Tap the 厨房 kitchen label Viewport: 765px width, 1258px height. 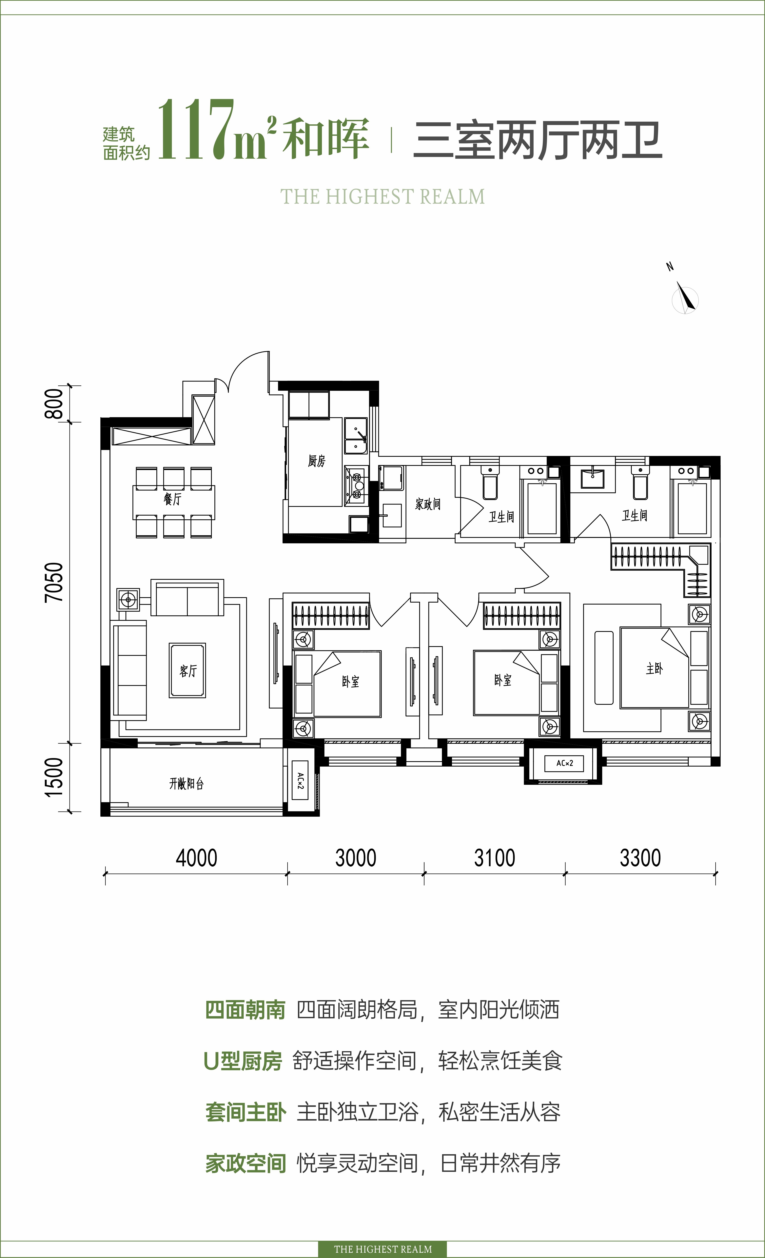click(316, 461)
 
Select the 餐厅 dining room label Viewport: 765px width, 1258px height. click(172, 499)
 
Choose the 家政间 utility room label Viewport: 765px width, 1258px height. click(428, 505)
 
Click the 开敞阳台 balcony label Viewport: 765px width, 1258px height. click(186, 783)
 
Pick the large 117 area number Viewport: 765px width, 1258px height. click(196, 130)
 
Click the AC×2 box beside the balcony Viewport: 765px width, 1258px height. click(301, 780)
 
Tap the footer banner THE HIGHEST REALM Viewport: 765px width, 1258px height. click(383, 1249)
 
